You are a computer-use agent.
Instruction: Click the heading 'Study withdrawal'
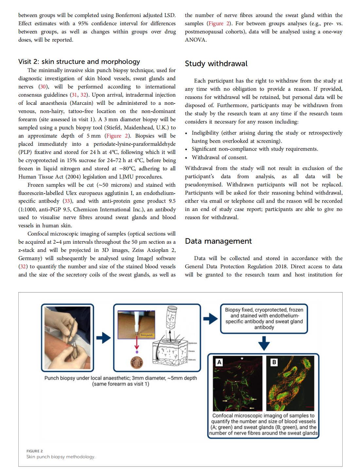[x=216, y=64]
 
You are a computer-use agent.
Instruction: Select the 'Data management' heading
[x=218, y=241]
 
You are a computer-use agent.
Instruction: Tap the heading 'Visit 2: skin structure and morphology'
[x=79, y=62]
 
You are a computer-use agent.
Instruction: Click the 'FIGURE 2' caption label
[x=35, y=451]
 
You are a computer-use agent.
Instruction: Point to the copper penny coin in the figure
[x=137, y=363]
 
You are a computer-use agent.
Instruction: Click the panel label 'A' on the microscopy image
[x=219, y=362]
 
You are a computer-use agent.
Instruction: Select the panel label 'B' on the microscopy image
[x=274, y=362]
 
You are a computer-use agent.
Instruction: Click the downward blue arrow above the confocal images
[x=264, y=343]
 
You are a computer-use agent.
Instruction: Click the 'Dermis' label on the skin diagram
[x=192, y=351]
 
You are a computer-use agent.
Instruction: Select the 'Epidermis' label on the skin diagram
[x=192, y=343]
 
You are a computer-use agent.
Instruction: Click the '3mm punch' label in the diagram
[x=147, y=335]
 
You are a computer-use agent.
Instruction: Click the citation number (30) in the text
[x=43, y=86]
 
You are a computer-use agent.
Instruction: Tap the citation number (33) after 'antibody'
[x=67, y=201]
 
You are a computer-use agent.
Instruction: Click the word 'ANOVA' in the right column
[x=195, y=40]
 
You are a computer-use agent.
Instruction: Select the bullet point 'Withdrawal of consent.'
[x=219, y=157]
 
